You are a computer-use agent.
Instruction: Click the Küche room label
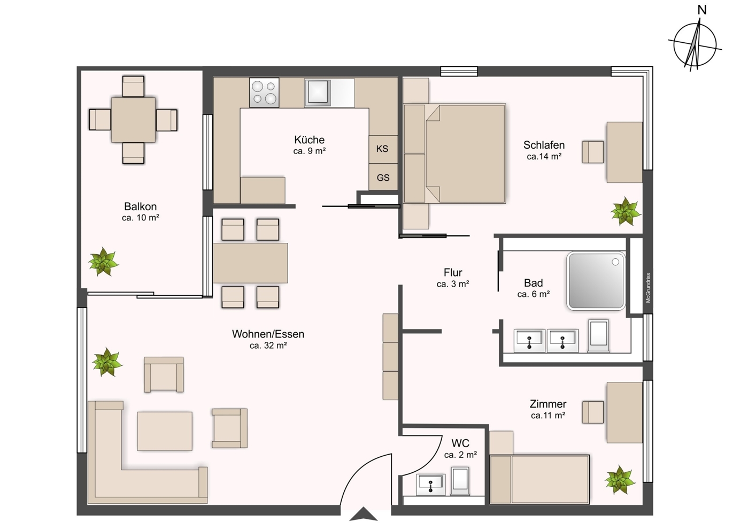[309, 140]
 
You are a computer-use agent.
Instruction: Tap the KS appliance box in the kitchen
[383, 149]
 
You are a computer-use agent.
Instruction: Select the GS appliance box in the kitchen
[383, 178]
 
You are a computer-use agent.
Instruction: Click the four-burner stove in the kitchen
[264, 93]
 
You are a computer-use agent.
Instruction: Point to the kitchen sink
[317, 93]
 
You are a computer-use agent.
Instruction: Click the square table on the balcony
[133, 120]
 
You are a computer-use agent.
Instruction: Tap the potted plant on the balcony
[103, 262]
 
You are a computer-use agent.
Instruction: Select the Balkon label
[140, 206]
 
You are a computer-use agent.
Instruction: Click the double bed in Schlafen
[455, 154]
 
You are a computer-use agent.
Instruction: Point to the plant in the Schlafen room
[626, 211]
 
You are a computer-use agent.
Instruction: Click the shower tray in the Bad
[596, 281]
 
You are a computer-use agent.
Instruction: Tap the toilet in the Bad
[598, 335]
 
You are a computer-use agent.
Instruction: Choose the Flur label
[453, 272]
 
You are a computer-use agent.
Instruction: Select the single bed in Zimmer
[539, 479]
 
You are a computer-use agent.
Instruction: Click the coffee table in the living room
[165, 431]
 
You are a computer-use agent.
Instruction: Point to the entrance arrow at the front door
[364, 514]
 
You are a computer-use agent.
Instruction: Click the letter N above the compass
[702, 10]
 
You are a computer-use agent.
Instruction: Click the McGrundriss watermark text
[648, 288]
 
